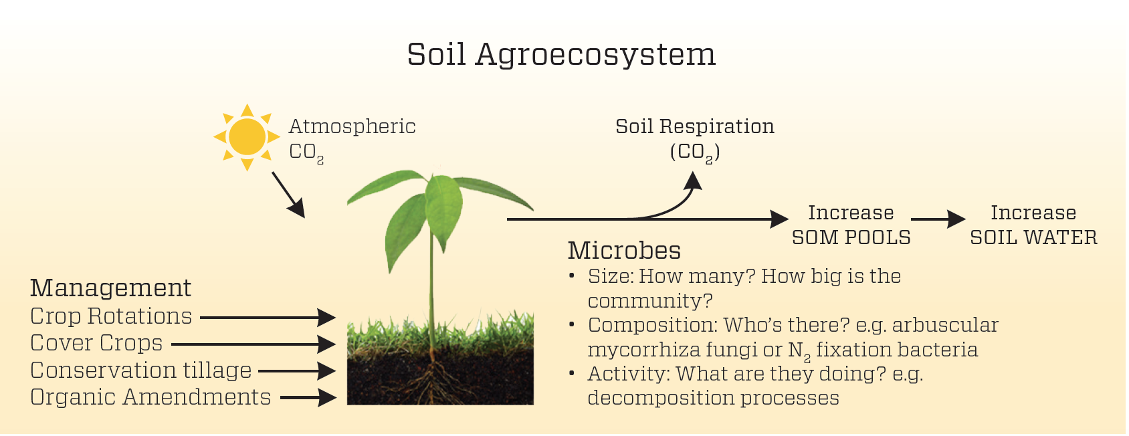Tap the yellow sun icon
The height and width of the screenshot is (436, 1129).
[x=247, y=137]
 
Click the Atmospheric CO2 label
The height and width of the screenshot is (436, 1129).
[x=352, y=140]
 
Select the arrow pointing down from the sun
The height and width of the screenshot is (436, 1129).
[x=289, y=195]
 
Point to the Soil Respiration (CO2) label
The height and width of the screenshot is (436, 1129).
[x=695, y=140]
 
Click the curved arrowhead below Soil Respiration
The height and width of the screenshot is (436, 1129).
[x=694, y=181]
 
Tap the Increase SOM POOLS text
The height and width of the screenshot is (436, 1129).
[x=851, y=225]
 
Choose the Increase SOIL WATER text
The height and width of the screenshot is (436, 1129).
[x=1034, y=225]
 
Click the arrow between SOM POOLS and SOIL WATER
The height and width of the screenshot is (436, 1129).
[x=938, y=219]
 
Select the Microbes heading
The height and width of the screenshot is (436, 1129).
[x=625, y=251]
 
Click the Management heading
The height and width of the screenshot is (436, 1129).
[x=111, y=288]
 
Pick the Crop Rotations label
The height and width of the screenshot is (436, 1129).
[x=111, y=316]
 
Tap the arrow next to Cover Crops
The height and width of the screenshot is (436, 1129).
[x=253, y=345]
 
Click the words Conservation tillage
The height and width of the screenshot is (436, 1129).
[x=141, y=370]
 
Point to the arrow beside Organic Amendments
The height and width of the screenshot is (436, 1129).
[x=308, y=398]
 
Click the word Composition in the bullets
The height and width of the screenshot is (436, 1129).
[x=653, y=326]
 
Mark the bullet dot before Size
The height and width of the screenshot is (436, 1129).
[x=572, y=276]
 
